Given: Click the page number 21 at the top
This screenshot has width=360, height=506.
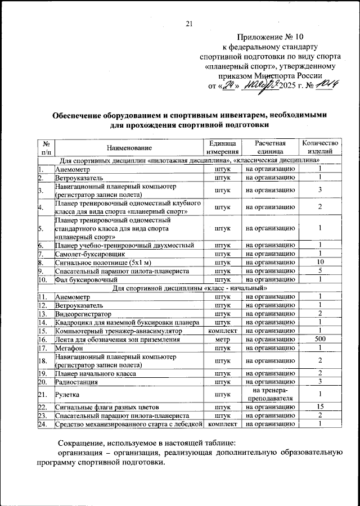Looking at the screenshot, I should (188, 23).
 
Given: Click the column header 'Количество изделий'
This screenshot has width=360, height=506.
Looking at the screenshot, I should (319, 147).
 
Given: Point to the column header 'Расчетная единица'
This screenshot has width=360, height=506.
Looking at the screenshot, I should (270, 147).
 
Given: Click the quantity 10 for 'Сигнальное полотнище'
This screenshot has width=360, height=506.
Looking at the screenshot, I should (319, 262).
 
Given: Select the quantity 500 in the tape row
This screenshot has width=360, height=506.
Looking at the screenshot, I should (319, 340).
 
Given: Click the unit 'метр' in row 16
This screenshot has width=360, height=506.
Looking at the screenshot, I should (222, 340).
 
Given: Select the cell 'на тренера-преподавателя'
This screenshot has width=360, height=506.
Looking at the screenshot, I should (270, 394).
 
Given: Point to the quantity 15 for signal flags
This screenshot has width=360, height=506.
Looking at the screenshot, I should (319, 406).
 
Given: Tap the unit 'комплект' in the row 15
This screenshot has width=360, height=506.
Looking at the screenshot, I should (222, 331).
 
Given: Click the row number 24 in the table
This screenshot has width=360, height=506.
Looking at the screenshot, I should (42, 424).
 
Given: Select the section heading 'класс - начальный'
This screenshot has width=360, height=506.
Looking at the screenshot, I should (190, 288).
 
